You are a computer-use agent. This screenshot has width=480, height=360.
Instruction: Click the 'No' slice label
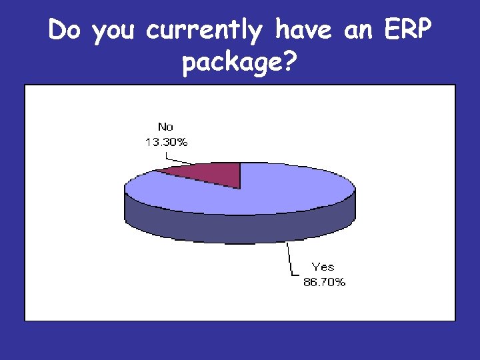166,127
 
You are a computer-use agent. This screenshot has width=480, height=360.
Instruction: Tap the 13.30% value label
166,141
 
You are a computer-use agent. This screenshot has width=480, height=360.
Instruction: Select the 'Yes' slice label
323,267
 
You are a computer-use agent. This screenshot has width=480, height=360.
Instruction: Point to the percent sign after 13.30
183,141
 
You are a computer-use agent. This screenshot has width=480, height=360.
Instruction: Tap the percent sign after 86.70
340,282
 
